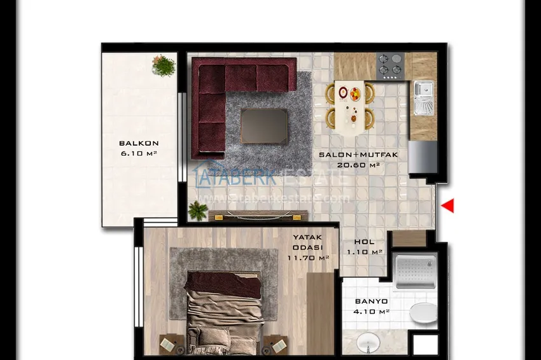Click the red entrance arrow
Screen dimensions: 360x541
point(448,205)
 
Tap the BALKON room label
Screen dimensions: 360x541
point(139,144)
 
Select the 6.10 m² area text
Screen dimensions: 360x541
point(139,154)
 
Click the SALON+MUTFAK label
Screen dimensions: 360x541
point(358,155)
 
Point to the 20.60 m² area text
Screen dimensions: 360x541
point(358,165)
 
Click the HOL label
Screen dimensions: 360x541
point(364,242)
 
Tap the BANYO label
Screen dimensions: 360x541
point(371,301)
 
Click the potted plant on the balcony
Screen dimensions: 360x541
point(164,65)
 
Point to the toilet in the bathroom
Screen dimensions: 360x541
point(423,312)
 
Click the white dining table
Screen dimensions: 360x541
point(349,104)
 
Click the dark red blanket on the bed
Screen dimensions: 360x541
point(223,284)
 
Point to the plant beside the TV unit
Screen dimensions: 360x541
point(198,211)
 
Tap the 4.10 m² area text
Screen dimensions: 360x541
point(371,312)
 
